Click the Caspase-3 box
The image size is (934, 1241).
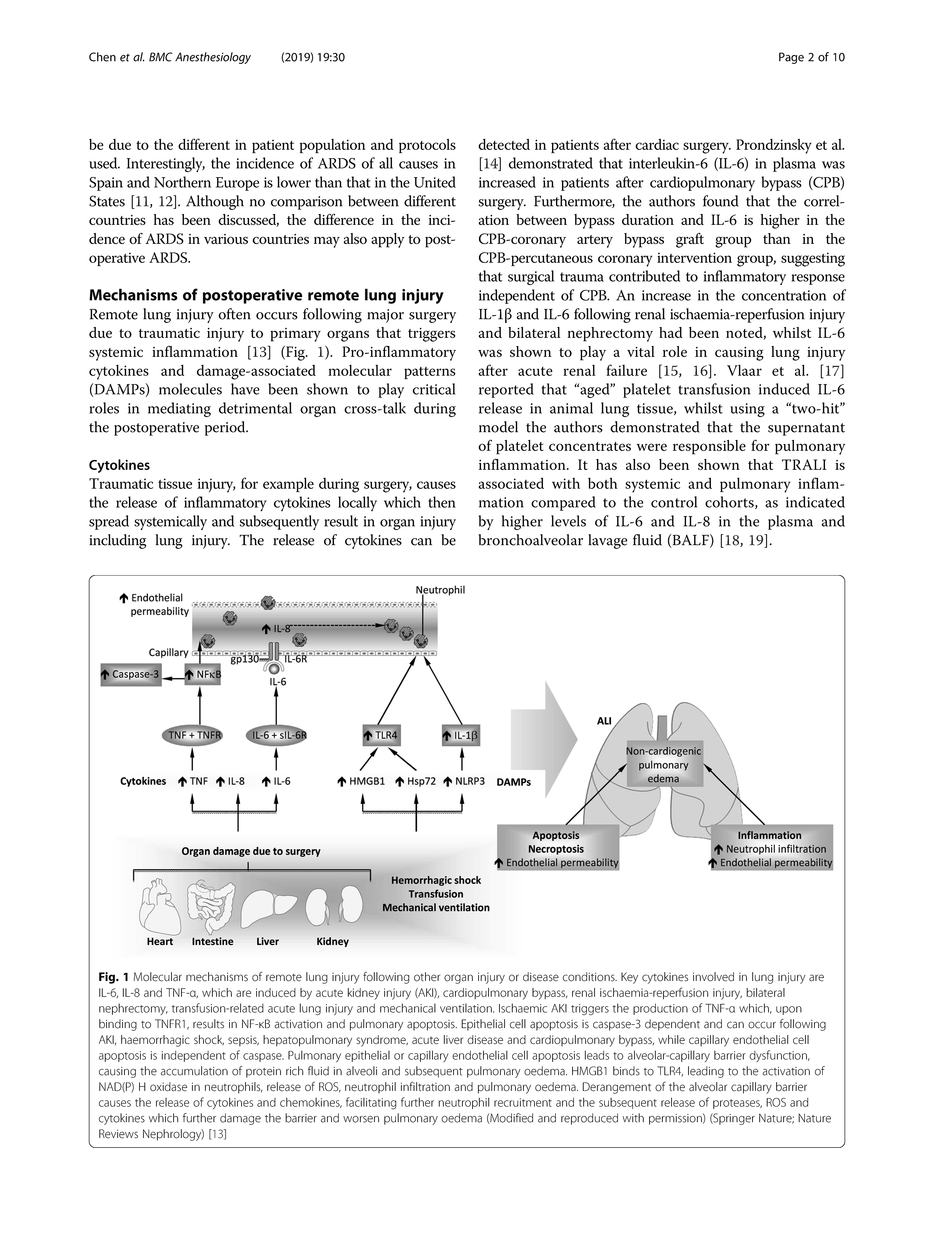point(131,674)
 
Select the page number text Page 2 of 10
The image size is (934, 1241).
point(811,57)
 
